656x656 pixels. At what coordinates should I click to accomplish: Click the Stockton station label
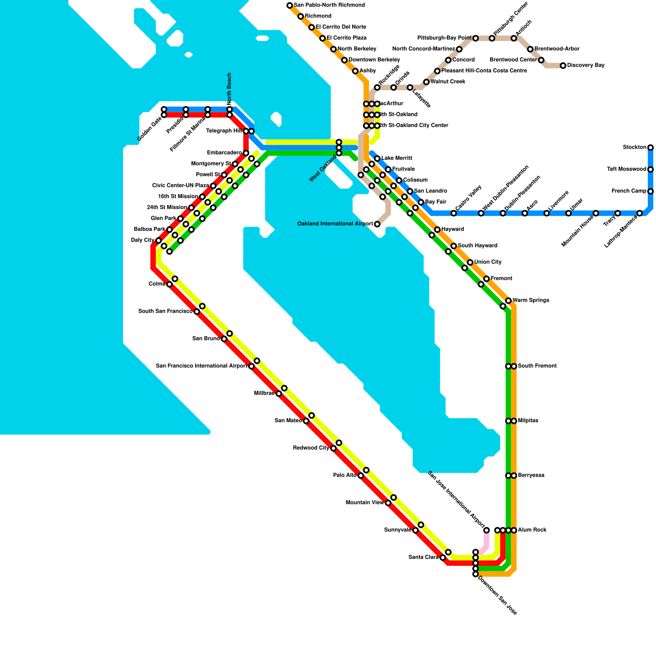(634, 147)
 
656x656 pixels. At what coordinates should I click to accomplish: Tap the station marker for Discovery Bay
(563, 66)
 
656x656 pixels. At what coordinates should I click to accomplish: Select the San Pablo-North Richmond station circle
(290, 5)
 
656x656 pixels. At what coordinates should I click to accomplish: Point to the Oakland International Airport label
(335, 224)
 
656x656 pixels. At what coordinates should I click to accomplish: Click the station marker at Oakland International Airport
(377, 224)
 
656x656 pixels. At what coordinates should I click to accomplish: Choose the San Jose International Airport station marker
(487, 530)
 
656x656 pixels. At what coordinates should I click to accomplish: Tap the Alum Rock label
(532, 530)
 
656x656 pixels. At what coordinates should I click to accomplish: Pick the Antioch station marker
(514, 39)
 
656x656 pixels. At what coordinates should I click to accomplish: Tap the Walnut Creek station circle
(426, 82)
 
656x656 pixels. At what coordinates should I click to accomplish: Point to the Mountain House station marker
(596, 213)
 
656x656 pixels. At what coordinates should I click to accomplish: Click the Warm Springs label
(531, 301)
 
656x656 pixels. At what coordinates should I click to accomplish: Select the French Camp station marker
(650, 191)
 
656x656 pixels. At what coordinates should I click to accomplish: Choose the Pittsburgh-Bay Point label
(444, 38)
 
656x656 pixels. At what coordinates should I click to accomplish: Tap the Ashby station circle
(355, 71)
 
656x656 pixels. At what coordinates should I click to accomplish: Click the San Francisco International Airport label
(201, 366)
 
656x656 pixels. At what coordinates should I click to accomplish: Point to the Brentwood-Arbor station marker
(530, 49)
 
